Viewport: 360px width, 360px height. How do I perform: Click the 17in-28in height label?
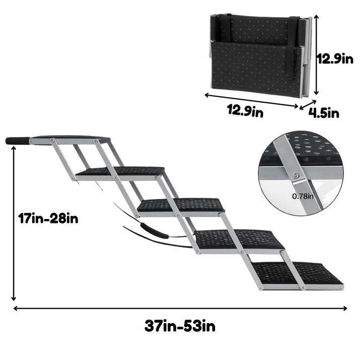[x=48, y=219]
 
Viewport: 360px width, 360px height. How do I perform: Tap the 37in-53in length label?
[x=180, y=326]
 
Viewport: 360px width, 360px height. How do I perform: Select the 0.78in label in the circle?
[x=303, y=196]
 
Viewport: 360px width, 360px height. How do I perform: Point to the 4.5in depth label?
[x=324, y=113]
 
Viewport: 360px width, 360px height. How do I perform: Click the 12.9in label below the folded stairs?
[x=245, y=111]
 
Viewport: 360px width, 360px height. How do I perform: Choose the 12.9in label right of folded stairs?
[x=335, y=59]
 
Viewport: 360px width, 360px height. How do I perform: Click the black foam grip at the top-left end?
[x=18, y=140]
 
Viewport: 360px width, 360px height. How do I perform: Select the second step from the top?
[x=120, y=173]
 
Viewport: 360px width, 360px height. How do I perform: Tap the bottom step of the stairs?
[x=298, y=275]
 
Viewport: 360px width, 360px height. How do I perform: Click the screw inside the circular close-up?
[x=296, y=175]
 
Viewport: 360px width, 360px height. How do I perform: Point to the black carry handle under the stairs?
[x=154, y=230]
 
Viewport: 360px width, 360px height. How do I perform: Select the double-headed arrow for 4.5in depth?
[x=308, y=105]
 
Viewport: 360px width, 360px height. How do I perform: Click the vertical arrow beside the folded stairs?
[x=316, y=55]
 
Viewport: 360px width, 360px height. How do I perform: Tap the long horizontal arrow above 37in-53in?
[x=180, y=308]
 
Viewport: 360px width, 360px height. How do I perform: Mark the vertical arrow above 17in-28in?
[x=14, y=224]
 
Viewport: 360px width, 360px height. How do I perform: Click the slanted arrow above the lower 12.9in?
[x=251, y=100]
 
